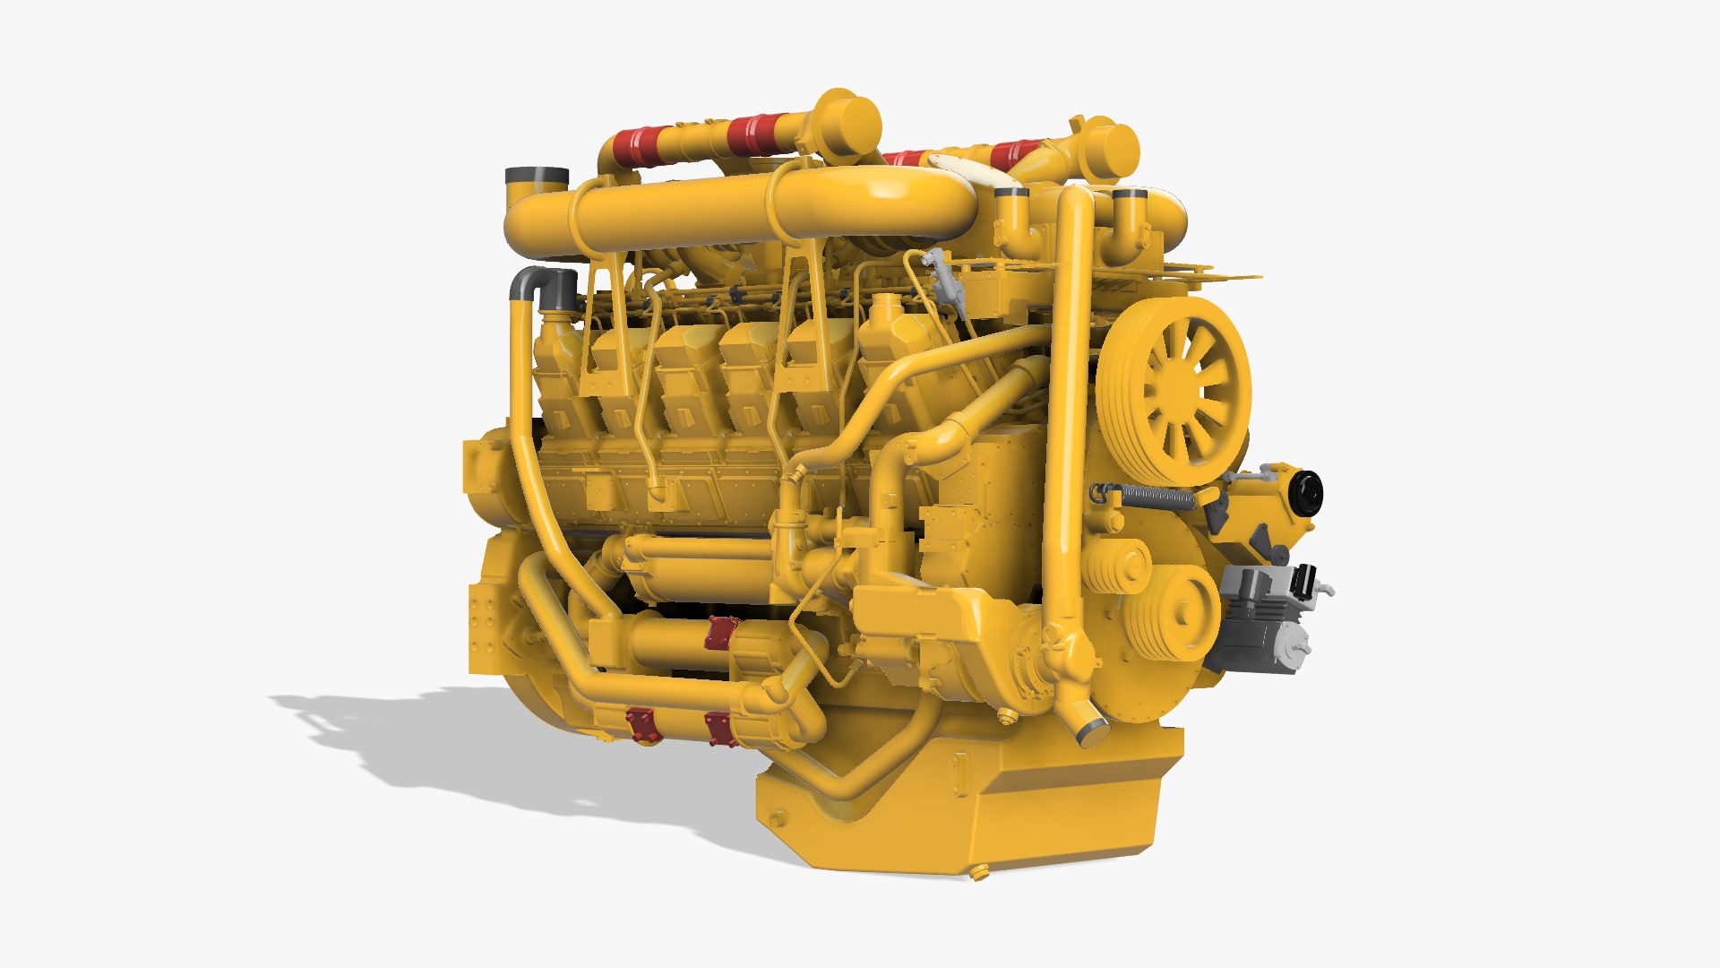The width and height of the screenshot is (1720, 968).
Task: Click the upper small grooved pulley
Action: [x=1120, y=565]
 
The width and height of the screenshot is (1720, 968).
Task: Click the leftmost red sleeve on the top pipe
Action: [x=639, y=146]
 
